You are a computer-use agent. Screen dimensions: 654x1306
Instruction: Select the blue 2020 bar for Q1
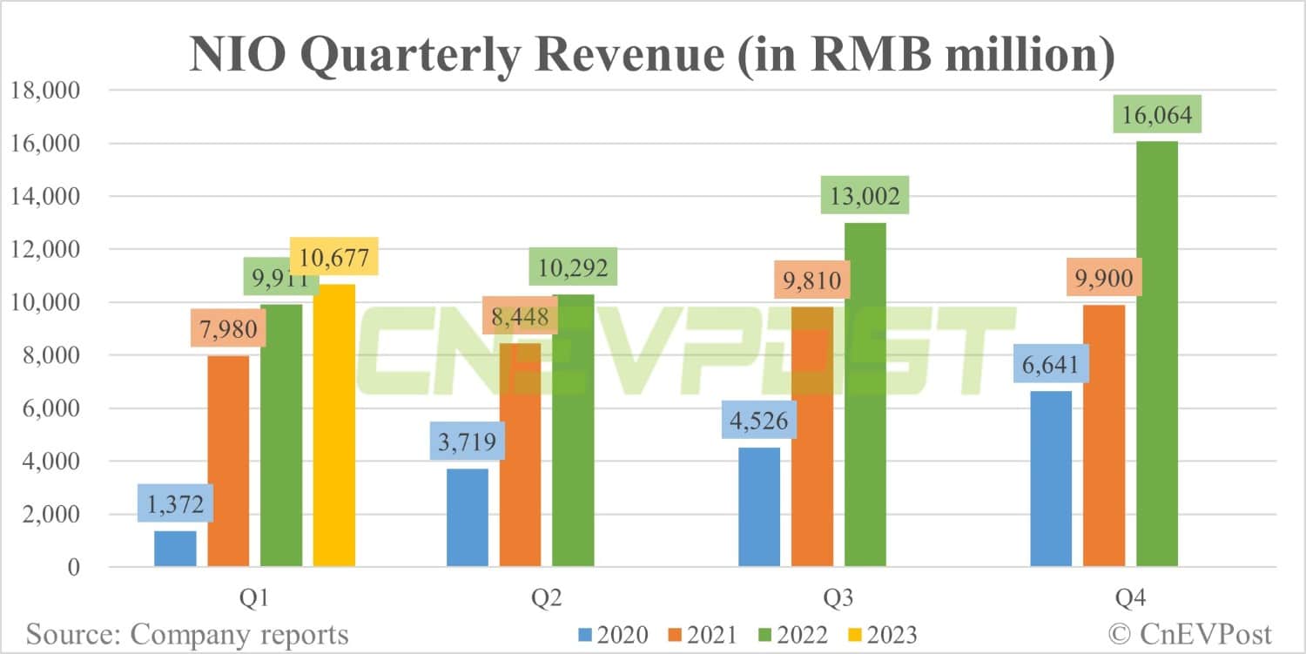[x=175, y=549]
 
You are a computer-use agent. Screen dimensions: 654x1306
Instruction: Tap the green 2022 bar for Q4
[x=1157, y=354]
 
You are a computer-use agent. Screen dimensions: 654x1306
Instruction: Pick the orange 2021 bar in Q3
[x=812, y=436]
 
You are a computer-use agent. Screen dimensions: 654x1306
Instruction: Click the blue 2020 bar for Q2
[x=468, y=517]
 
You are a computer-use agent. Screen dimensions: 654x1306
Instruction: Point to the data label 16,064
[x=1157, y=114]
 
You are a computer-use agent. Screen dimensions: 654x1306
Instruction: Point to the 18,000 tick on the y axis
[x=53, y=91]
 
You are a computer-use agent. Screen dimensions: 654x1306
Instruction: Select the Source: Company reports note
[x=187, y=634]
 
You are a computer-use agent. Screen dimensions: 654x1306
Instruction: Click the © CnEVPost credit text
[x=1190, y=634]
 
